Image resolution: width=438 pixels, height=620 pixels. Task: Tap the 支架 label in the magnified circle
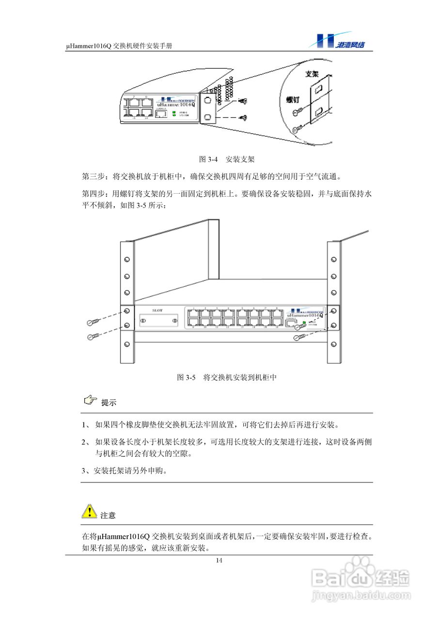click(312, 75)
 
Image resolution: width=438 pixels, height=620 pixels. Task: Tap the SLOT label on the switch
click(157, 310)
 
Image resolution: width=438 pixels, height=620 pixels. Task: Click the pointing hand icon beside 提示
click(90, 401)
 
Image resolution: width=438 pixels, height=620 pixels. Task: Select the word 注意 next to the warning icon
click(108, 515)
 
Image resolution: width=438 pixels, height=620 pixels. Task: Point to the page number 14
click(219, 560)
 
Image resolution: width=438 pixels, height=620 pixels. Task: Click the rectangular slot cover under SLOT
click(157, 321)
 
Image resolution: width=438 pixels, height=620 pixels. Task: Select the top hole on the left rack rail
click(126, 260)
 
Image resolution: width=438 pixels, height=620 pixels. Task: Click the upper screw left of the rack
click(94, 322)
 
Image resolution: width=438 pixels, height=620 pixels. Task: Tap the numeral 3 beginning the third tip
click(83, 470)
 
